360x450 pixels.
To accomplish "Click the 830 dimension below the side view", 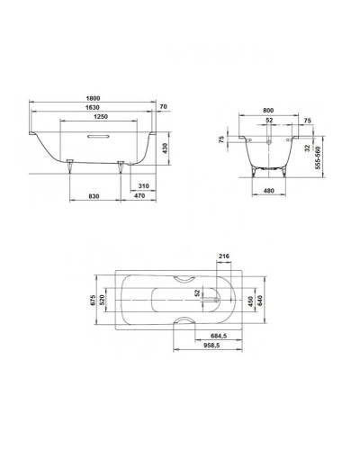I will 94,196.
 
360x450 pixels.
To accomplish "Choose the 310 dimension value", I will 138,186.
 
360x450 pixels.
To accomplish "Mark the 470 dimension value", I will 138,196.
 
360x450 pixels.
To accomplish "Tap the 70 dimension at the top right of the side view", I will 162,106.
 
